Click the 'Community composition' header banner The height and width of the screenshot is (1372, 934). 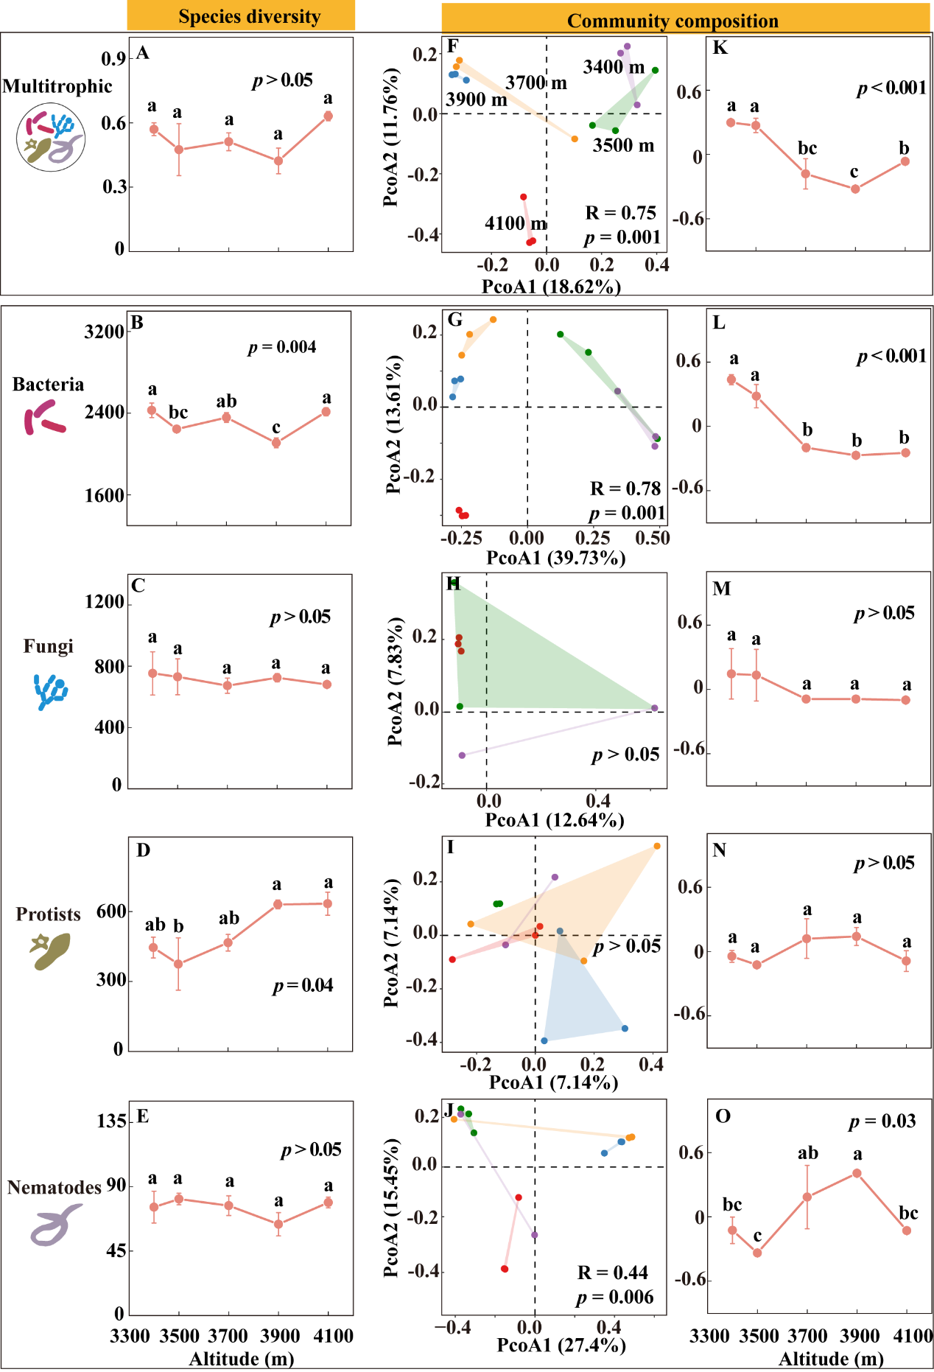point(673,20)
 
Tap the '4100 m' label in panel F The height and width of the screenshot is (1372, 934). point(515,223)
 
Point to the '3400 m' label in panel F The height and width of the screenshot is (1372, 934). point(614,67)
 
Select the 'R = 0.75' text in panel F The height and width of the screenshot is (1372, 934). point(620,213)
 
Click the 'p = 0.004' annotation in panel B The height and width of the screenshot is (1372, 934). point(282,347)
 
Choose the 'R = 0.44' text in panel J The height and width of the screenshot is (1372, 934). point(613,1273)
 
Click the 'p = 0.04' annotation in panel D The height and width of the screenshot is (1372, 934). point(303,985)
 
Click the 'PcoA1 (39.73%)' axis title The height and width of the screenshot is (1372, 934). point(556,558)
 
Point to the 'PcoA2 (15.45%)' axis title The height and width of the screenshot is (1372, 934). point(391,1208)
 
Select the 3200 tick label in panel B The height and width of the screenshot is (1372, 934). point(104,332)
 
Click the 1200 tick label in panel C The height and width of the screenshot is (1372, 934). point(104,602)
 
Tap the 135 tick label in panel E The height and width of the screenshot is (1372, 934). point(111,1121)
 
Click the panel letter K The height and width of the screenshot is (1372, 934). point(720,48)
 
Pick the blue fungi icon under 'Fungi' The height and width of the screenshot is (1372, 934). point(51,691)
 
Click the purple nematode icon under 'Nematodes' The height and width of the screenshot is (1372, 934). point(55,1225)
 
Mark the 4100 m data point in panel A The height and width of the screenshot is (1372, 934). point(329,116)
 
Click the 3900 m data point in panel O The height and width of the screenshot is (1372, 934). point(857,1173)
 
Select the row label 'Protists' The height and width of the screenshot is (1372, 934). point(48,914)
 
